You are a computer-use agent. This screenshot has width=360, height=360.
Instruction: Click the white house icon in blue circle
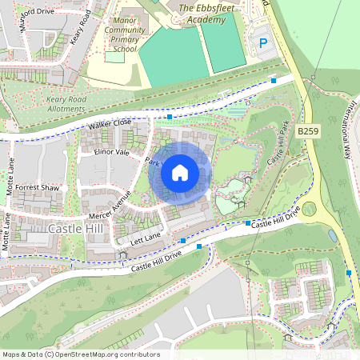(180, 172)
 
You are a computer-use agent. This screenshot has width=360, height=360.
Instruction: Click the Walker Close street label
(110, 124)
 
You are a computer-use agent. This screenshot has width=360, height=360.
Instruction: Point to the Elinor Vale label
(111, 151)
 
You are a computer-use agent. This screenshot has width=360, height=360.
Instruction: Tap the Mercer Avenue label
(110, 206)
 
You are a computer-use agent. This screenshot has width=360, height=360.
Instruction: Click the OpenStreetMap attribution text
(81, 354)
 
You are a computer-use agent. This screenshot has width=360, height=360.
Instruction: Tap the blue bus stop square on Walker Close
(170, 117)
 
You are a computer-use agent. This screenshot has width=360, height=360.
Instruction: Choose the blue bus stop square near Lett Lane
(183, 240)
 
